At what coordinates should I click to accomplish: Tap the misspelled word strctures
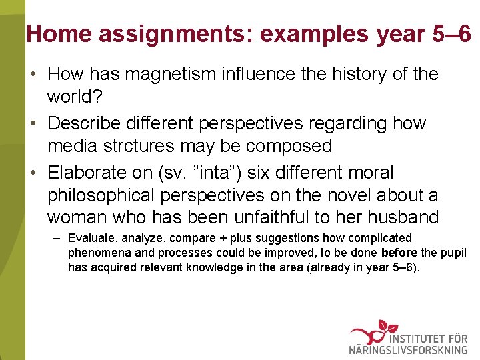145,146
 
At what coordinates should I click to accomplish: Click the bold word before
399,253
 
